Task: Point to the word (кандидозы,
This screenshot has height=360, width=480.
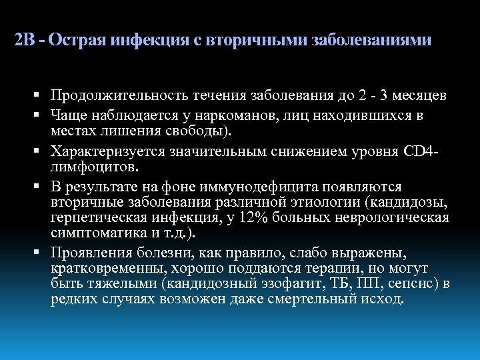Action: click(x=407, y=201)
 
